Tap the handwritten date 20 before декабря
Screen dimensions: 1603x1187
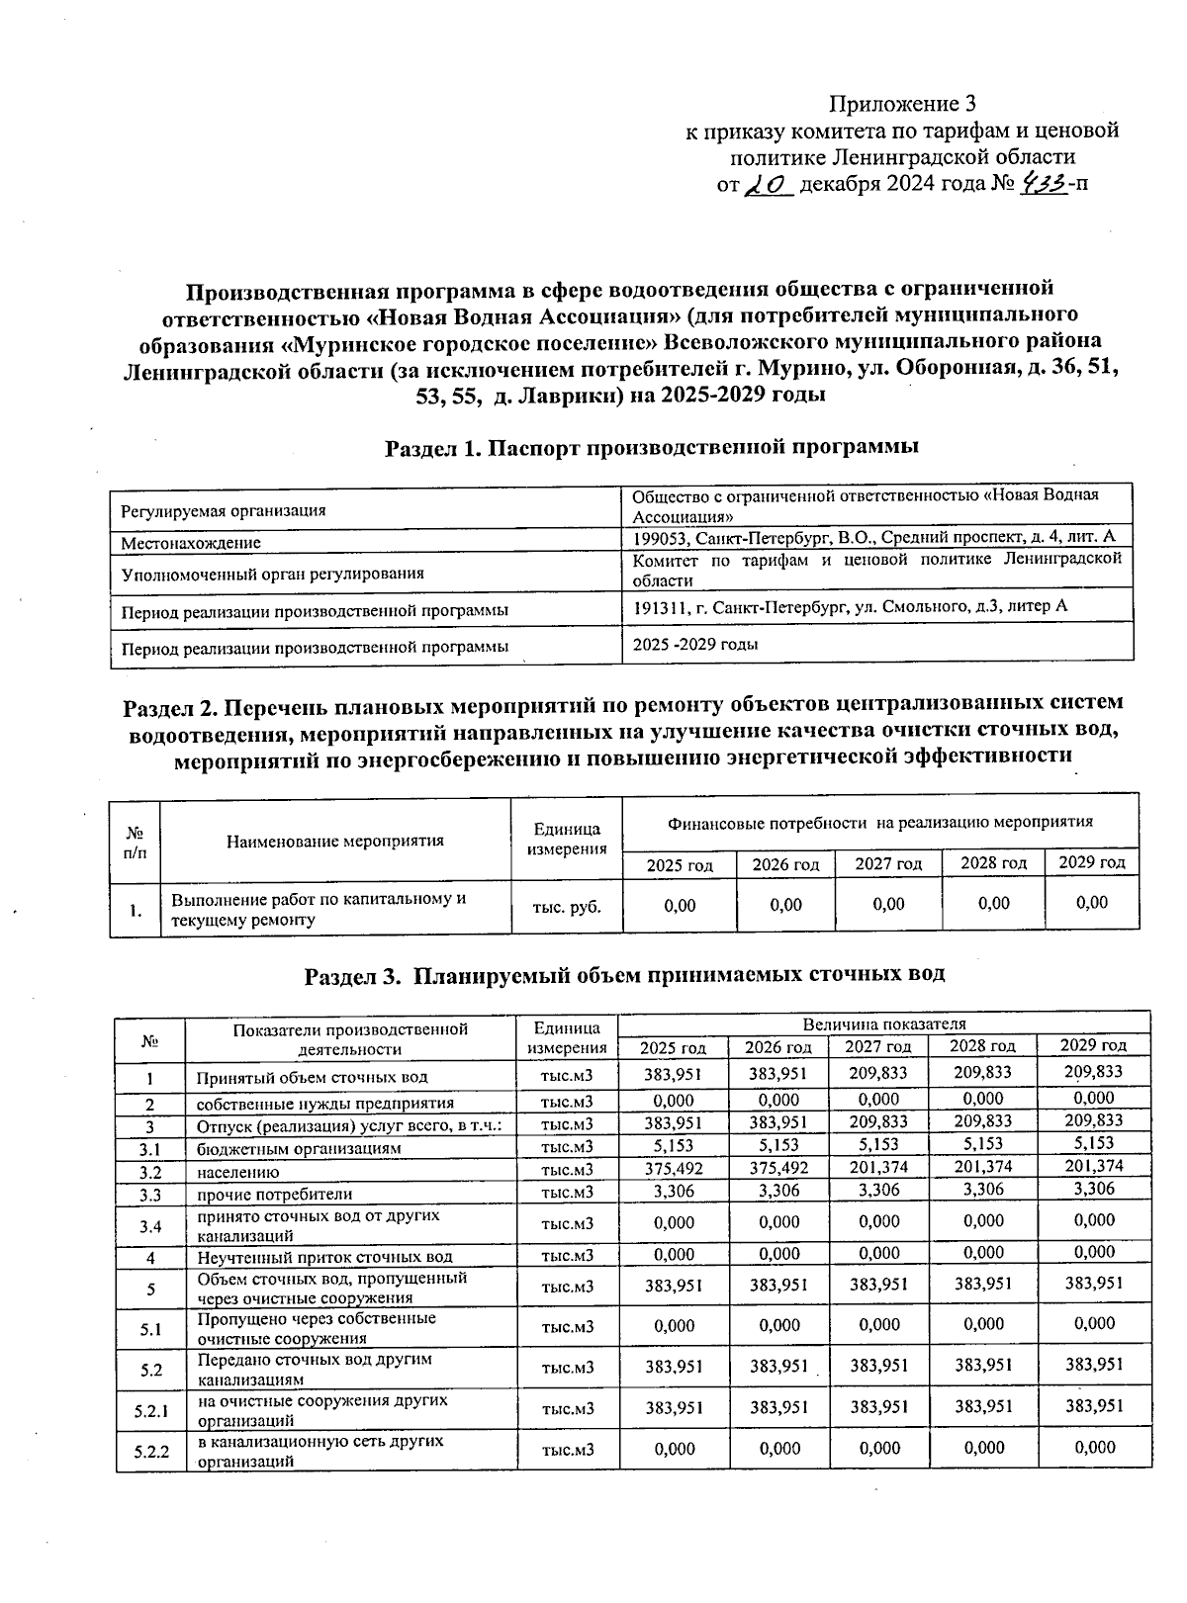(x=768, y=185)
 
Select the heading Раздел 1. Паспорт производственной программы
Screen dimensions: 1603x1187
(x=652, y=447)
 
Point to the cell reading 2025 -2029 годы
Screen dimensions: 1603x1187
(x=695, y=645)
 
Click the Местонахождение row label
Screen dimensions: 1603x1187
(x=191, y=543)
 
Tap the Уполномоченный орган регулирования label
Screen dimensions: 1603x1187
(x=272, y=574)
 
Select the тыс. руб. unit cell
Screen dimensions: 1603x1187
(x=566, y=905)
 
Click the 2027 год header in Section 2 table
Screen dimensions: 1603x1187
(x=888, y=864)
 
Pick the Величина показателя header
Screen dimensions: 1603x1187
(x=884, y=1024)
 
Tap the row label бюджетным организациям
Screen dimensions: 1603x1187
(x=299, y=1149)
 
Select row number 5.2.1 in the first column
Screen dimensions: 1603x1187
(x=151, y=1408)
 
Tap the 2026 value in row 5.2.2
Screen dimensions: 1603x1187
(x=778, y=1449)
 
